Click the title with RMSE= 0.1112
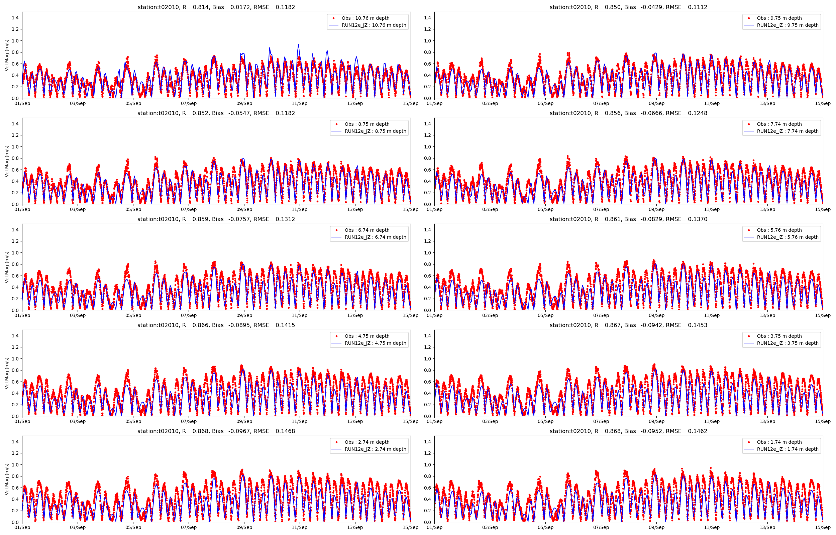tap(628, 7)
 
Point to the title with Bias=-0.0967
tap(216, 431)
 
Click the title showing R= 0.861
tap(628, 219)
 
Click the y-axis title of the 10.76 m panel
tap(7, 55)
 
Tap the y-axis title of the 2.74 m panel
tap(7, 479)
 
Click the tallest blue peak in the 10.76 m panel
tap(298, 45)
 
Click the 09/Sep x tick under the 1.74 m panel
tap(656, 527)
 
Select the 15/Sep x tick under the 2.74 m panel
tap(411, 527)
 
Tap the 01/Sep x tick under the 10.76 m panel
tap(22, 103)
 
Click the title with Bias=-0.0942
tap(628, 325)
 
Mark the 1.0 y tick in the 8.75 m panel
tap(15, 146)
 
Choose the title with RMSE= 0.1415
tap(216, 325)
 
